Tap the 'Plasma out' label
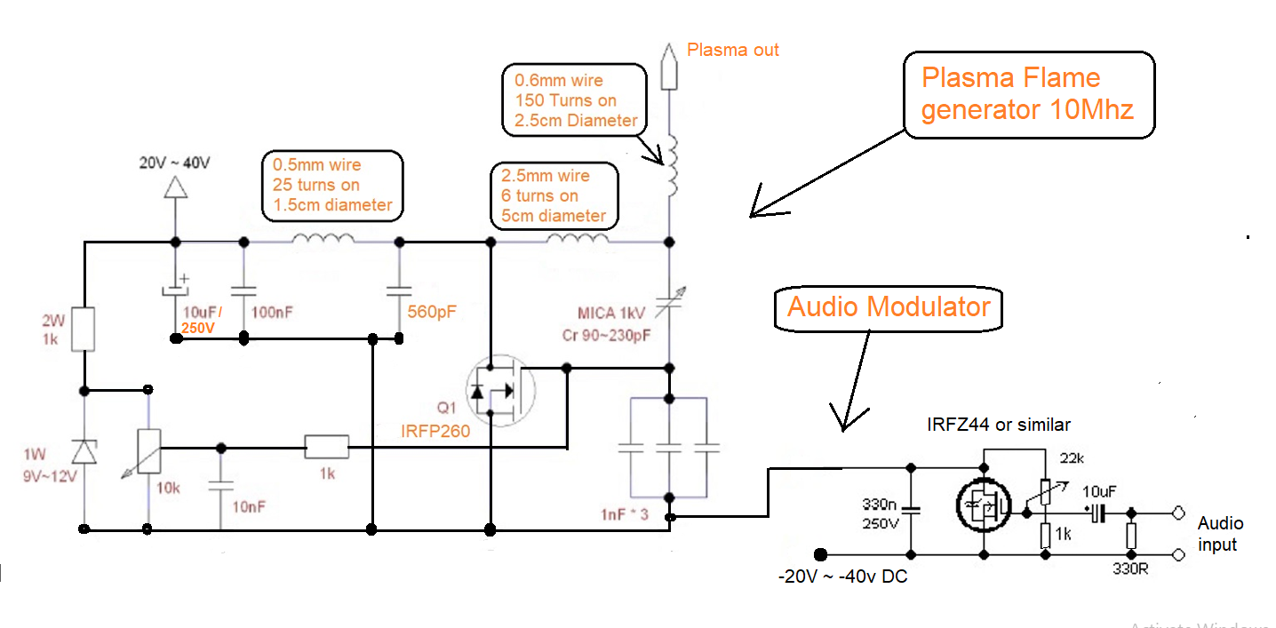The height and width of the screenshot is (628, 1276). click(x=732, y=50)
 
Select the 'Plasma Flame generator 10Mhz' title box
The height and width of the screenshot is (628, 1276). click(x=1029, y=94)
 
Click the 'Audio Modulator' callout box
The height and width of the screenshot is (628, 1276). click(x=888, y=307)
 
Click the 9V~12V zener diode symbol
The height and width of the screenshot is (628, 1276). click(x=84, y=451)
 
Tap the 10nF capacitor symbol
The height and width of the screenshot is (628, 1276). click(x=220, y=485)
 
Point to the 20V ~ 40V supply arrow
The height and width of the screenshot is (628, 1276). click(x=175, y=187)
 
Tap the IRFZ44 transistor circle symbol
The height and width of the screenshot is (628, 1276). click(x=983, y=505)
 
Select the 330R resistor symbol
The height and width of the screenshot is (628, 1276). click(x=1130, y=535)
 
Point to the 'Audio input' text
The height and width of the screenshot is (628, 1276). click(x=1220, y=533)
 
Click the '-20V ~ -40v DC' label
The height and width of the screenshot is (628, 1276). click(x=841, y=576)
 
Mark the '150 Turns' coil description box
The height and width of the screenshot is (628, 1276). click(x=574, y=99)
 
